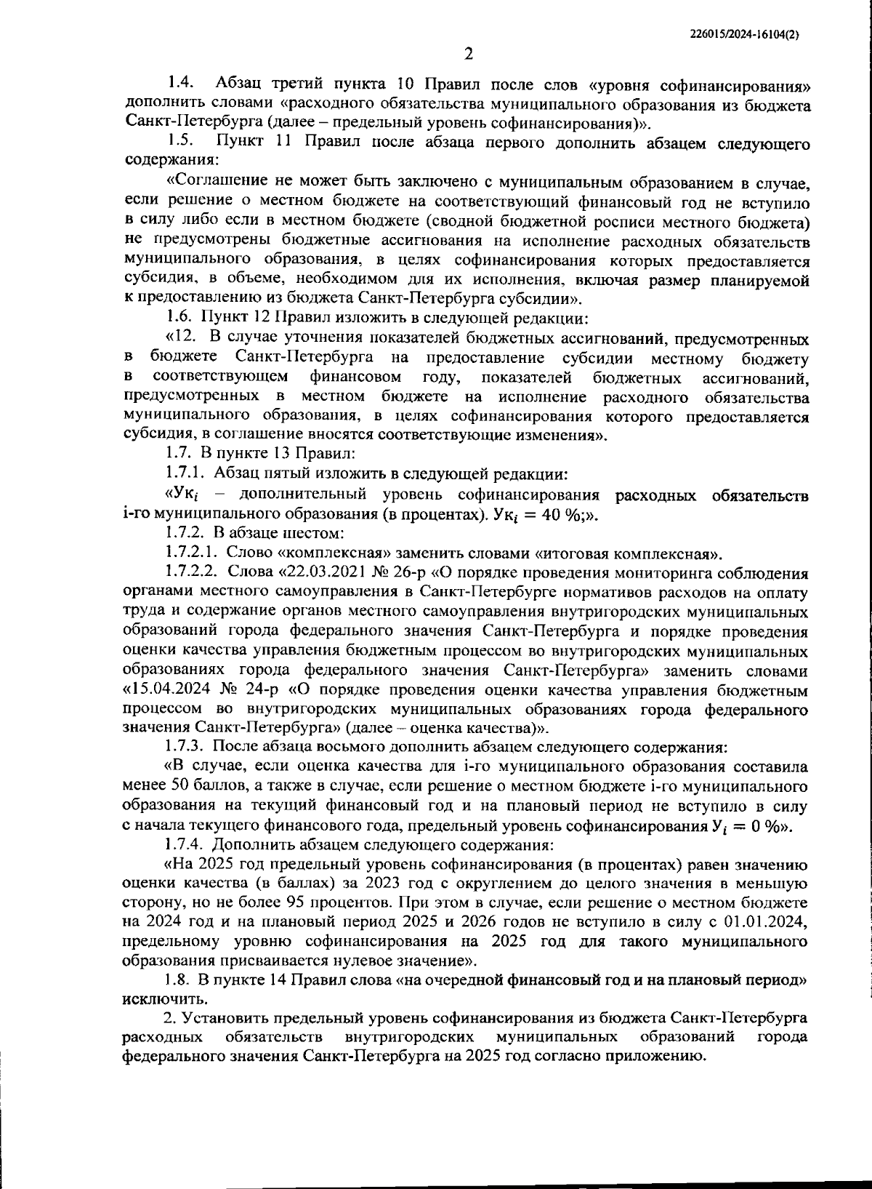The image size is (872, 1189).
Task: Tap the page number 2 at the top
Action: (469, 55)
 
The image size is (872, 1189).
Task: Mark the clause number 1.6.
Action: (178, 317)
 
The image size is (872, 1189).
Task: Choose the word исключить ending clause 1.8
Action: (156, 999)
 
